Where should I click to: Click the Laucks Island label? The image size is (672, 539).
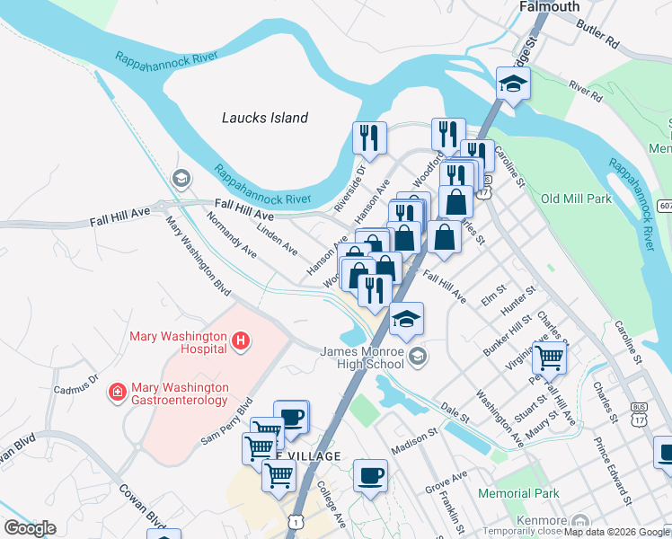click(265, 118)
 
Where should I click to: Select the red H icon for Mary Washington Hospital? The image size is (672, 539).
click(240, 340)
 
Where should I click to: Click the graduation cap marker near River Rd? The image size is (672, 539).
click(513, 84)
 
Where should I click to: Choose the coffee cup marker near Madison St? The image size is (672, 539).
click(369, 474)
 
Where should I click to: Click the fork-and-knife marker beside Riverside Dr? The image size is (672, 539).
click(369, 137)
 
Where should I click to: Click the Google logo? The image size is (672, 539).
click(30, 527)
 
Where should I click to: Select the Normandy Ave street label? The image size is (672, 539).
click(232, 235)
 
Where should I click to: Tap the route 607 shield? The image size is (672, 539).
click(664, 206)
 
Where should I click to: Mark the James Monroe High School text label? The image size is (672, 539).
click(362, 358)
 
